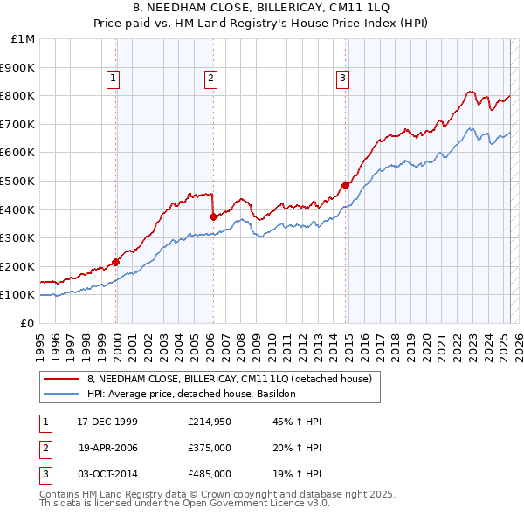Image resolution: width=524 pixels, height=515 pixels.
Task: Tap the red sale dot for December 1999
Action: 116,261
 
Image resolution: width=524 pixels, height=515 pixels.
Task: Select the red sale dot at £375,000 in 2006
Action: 213,216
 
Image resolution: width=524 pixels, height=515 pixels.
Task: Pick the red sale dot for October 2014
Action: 345,185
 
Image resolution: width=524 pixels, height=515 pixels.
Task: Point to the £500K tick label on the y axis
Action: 17,181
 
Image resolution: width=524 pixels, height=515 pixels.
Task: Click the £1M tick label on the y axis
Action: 23,39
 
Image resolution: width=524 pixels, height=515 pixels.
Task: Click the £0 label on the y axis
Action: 27,323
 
